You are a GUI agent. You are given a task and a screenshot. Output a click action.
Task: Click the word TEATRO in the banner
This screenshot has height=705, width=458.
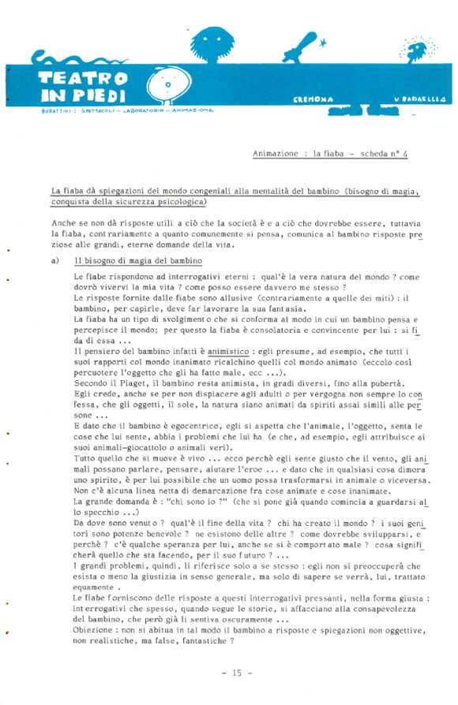click(82, 78)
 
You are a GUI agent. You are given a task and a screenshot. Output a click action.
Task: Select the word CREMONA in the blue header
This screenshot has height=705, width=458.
click(313, 99)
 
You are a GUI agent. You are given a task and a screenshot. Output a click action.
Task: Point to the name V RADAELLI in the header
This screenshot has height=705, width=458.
click(420, 99)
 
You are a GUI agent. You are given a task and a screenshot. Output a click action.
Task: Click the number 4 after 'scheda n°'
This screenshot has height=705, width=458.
click(405, 155)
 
